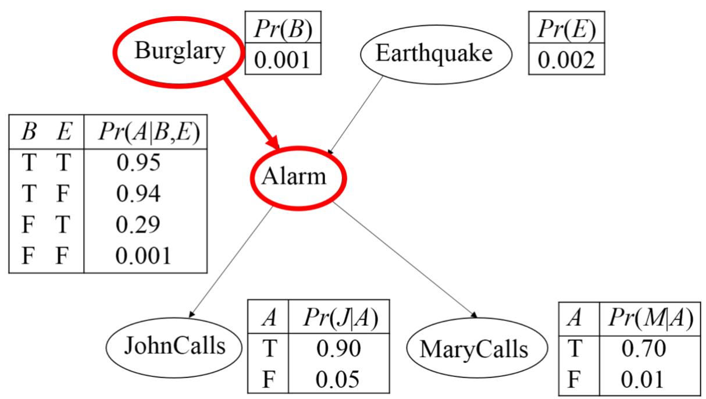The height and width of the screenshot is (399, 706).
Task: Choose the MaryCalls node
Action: pyautogui.click(x=474, y=350)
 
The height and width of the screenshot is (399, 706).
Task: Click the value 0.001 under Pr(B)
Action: pyautogui.click(x=282, y=60)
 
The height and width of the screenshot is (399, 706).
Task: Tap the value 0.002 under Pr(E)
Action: pyautogui.click(x=566, y=60)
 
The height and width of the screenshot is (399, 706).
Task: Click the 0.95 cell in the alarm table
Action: pyautogui.click(x=138, y=163)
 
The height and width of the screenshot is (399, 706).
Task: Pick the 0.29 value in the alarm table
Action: pyautogui.click(x=138, y=225)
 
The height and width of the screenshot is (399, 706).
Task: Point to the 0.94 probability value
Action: pyautogui.click(x=138, y=194)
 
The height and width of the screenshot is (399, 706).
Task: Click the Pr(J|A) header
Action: pyautogui.click(x=341, y=318)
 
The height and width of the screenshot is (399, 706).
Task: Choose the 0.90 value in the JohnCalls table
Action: pyautogui.click(x=339, y=348)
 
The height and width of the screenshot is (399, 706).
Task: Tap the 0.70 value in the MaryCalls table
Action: pyautogui.click(x=644, y=349)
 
